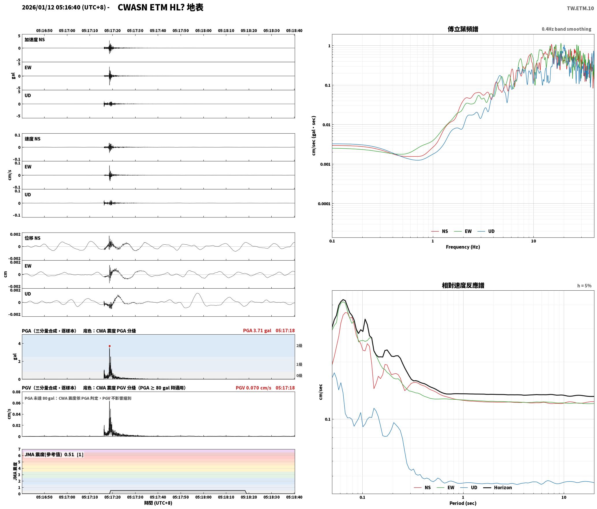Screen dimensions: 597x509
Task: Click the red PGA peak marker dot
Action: (x=110, y=346)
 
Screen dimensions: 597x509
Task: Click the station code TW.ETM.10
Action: (x=580, y=8)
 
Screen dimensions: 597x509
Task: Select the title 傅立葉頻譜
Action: (x=463, y=29)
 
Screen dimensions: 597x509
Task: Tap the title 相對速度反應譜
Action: (x=463, y=285)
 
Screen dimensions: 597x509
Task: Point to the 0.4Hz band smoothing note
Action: (x=566, y=29)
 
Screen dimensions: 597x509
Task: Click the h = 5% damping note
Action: (x=584, y=286)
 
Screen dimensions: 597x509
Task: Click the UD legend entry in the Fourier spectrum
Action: (x=486, y=231)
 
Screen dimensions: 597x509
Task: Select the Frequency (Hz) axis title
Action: (x=463, y=247)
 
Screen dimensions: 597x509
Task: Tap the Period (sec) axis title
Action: (x=463, y=503)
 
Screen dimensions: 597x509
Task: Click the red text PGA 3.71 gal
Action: (x=257, y=330)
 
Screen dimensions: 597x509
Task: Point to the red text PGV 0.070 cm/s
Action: (x=253, y=388)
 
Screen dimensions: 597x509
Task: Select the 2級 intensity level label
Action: (x=299, y=346)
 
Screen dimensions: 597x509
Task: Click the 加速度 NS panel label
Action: (x=35, y=40)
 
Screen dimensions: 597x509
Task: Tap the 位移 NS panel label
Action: (x=32, y=238)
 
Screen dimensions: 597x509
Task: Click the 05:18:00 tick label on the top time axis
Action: (x=203, y=30)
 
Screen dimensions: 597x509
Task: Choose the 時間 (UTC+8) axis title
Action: (x=158, y=503)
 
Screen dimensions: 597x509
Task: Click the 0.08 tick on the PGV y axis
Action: (x=16, y=392)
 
